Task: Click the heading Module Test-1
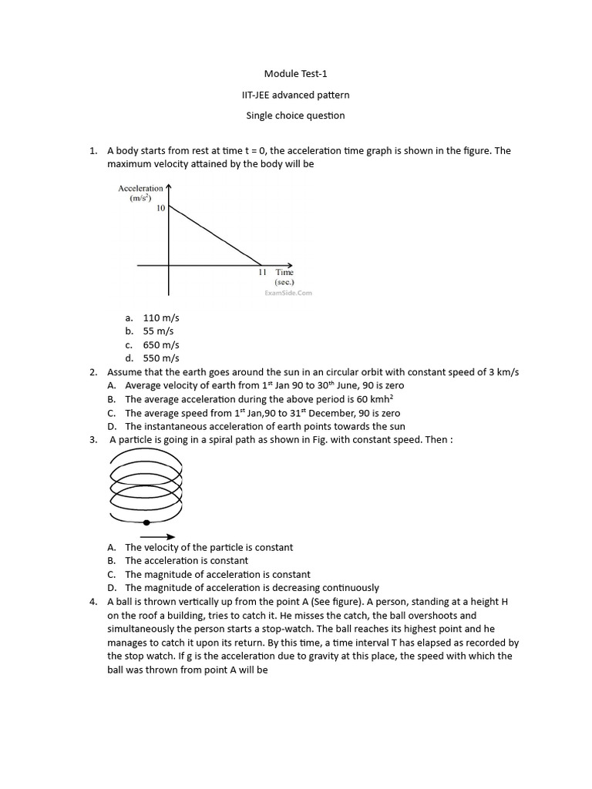coord(295,74)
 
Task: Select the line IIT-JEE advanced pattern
coord(295,95)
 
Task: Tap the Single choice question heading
coord(295,116)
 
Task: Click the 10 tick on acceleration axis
coord(160,208)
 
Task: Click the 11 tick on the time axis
coord(262,272)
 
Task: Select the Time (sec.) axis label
coord(284,277)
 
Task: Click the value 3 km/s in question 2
coord(504,372)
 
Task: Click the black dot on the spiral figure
coord(146,522)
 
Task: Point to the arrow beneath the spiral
coord(158,537)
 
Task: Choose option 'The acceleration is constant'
coord(187,561)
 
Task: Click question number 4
coord(92,602)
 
